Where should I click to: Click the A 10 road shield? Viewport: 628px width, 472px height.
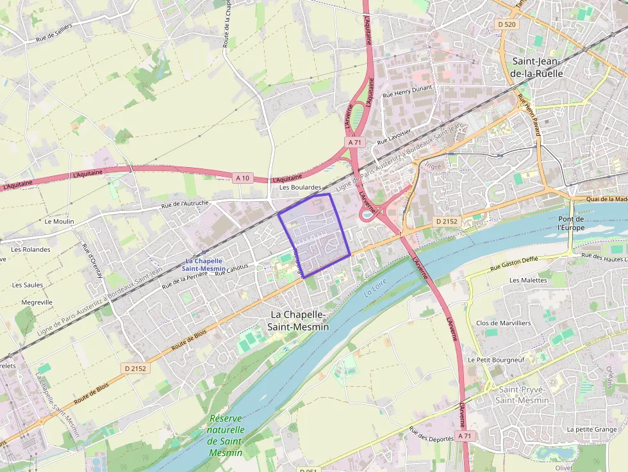(242, 177)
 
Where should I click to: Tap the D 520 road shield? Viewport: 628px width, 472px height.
(506, 24)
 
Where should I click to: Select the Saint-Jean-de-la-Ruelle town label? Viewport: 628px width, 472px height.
(537, 67)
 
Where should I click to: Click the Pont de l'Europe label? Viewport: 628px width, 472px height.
(571, 223)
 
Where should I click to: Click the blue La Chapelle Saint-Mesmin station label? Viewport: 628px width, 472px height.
(204, 264)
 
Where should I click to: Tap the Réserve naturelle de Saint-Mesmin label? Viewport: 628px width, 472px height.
(226, 435)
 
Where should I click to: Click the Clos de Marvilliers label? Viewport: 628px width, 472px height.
(503, 323)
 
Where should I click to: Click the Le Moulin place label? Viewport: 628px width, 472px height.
(60, 221)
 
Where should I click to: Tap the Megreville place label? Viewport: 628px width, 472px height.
(37, 302)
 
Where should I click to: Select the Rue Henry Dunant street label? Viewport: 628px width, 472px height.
(407, 91)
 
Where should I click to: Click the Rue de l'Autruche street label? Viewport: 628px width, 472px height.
(185, 204)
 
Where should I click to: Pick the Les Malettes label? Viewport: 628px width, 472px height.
(528, 280)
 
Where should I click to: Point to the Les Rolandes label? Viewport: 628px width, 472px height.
(31, 249)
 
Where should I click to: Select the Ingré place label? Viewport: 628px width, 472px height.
(434, 165)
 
